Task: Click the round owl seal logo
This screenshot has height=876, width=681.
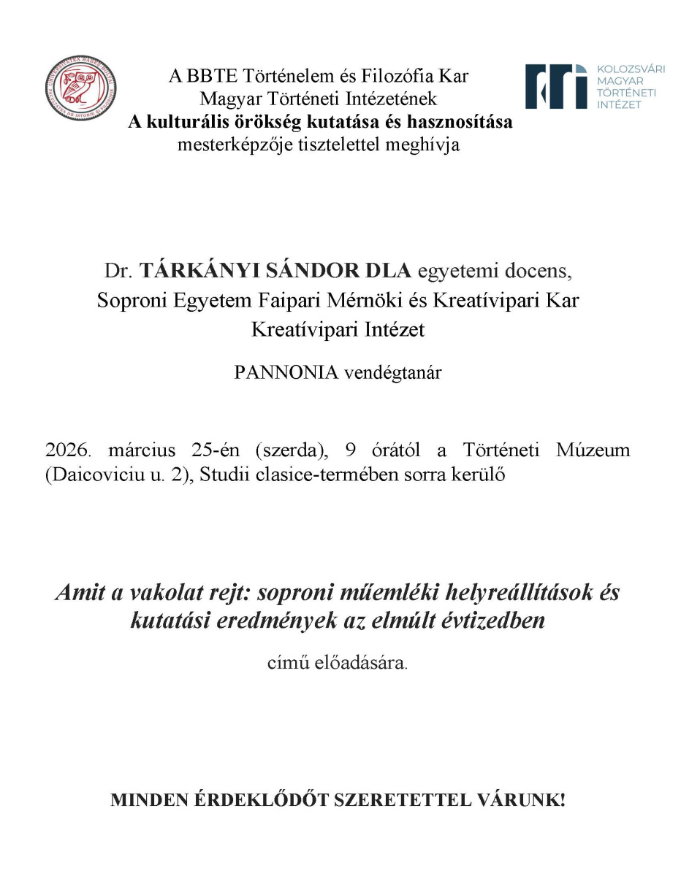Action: (x=80, y=90)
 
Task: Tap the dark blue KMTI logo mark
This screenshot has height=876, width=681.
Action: (x=556, y=85)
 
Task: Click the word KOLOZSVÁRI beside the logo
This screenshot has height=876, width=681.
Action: (x=631, y=69)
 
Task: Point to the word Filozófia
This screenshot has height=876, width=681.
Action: (x=395, y=76)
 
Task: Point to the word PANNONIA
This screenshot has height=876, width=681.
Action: (x=286, y=372)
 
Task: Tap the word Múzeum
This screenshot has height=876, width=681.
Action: (x=594, y=450)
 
